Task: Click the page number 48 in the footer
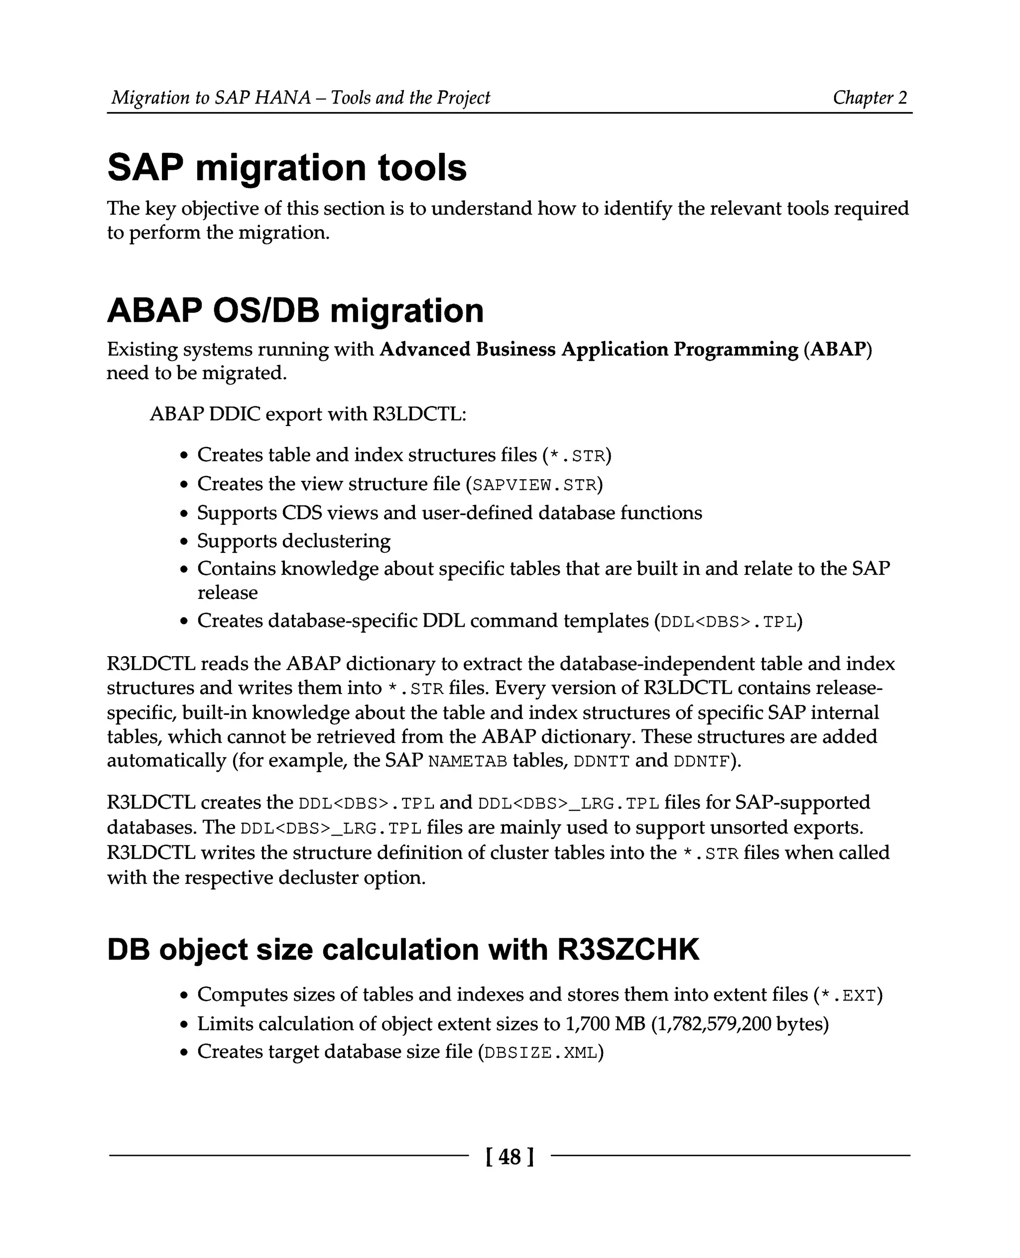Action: (x=510, y=1157)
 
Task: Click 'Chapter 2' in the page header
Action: (x=870, y=98)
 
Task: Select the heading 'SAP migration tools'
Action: (x=287, y=167)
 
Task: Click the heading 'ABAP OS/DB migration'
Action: (x=295, y=310)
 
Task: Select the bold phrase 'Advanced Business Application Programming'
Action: (x=589, y=349)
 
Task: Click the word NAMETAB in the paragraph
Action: (x=468, y=761)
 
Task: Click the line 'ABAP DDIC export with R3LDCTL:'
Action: (x=308, y=414)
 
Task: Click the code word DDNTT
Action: (x=601, y=761)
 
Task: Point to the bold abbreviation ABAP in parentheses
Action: (x=838, y=349)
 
